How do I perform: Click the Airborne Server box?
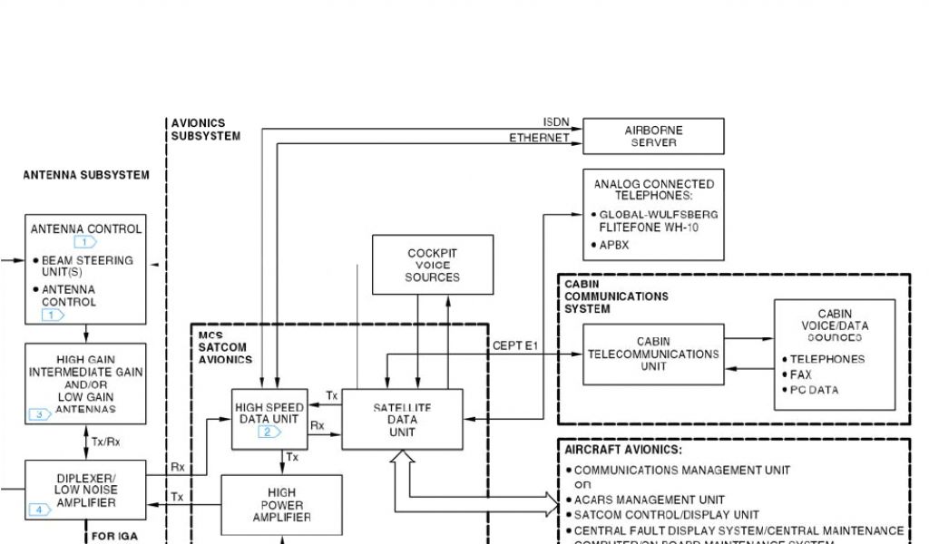point(653,136)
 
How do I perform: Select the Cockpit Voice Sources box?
point(433,265)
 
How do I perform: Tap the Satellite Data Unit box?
point(402,420)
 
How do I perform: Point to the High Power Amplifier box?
point(281,505)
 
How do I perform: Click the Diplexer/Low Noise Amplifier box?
point(86,491)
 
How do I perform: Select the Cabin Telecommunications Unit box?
point(653,355)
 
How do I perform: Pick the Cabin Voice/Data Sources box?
point(834,355)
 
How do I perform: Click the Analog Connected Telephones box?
point(653,214)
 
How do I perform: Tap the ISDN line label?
point(556,122)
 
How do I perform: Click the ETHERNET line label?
point(539,138)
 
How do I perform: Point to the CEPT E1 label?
point(515,345)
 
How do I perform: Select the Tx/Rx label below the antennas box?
point(105,442)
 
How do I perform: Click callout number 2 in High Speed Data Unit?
point(269,432)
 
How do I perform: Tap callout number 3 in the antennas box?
point(40,415)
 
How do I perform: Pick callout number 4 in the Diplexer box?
point(40,510)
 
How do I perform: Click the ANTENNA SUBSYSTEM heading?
point(86,175)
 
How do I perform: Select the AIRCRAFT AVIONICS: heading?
point(622,450)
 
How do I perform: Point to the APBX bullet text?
point(613,245)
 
